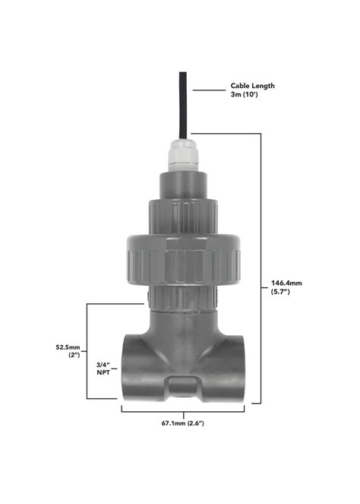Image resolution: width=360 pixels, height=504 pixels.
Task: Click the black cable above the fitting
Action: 183,106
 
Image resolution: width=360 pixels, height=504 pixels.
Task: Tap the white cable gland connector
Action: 183,157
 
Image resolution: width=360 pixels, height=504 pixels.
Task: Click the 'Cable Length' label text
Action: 252,86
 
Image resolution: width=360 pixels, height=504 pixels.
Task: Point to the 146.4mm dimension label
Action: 286,283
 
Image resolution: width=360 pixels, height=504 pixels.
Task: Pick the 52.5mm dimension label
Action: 68,347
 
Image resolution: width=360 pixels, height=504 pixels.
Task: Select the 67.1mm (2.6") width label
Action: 182,422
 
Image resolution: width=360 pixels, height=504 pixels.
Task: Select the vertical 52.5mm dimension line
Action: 87,350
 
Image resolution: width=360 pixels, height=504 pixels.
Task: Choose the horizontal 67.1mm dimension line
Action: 183,411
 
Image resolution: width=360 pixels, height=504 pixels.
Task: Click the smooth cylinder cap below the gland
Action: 183,184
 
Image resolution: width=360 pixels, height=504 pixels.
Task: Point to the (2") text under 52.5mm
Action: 74,356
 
